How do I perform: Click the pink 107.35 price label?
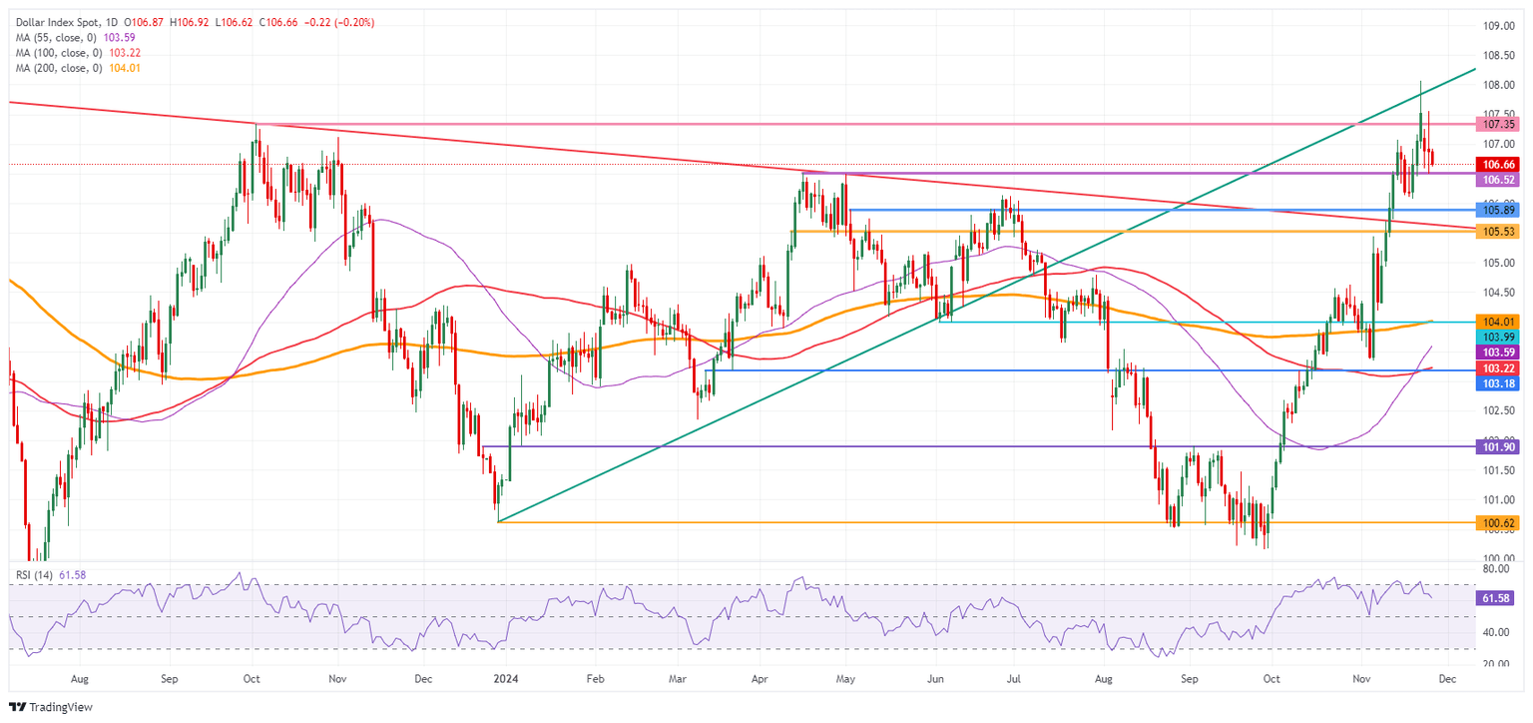1500,125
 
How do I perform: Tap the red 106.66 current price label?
1500,163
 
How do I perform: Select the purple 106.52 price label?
1500,180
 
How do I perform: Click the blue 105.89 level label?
1500,211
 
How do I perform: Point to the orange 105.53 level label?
1500,231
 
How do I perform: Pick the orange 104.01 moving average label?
1500,322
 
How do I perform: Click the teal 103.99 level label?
1500,338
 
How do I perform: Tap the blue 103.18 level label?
1500,383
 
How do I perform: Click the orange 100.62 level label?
1500,522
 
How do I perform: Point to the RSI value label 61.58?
1500,596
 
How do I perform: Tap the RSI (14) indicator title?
33,573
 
